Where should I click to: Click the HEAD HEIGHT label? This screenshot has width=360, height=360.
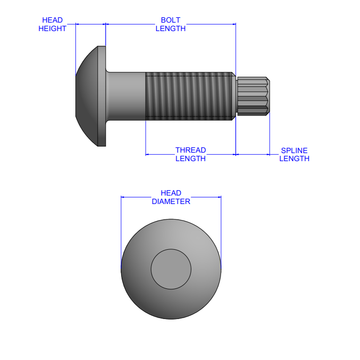pos(52,24)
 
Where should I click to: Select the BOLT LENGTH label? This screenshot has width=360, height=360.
pos(171,24)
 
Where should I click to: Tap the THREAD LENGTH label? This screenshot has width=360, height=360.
pos(190,154)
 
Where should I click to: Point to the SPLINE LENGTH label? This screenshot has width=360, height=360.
pos(294,154)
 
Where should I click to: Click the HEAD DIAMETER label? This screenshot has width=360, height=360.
pos(171,197)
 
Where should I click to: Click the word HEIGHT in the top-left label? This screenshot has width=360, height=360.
pos(52,28)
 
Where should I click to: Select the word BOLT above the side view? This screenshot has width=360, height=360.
pos(171,20)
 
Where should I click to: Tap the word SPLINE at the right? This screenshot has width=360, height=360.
pos(294,150)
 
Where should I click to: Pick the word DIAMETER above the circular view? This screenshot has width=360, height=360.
pos(171,201)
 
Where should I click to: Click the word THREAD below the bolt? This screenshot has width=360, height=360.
pos(190,150)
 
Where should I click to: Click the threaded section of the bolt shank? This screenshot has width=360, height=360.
pos(188,96)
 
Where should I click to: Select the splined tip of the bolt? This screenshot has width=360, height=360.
pos(253,96)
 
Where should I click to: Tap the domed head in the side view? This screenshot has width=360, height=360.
pos(87,96)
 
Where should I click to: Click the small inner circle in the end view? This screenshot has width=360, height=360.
pos(171,269)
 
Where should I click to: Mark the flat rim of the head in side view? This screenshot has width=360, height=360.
pos(102,96)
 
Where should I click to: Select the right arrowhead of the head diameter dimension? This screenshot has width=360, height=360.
pos(220,197)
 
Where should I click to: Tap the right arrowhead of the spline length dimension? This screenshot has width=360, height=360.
pos(268,154)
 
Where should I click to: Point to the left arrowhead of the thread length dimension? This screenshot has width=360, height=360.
pos(147,154)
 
